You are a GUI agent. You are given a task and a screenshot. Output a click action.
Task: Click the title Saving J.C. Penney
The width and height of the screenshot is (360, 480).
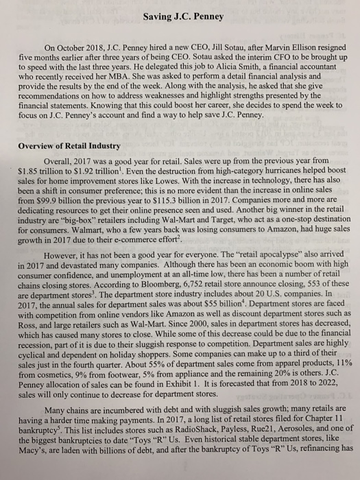(180, 13)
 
